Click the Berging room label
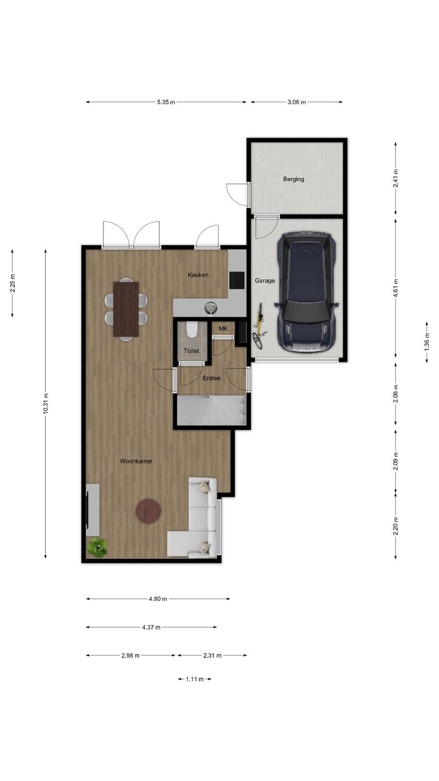(x=293, y=179)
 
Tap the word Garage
(x=265, y=281)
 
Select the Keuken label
(x=198, y=275)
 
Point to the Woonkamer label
(x=136, y=461)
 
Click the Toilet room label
(x=191, y=351)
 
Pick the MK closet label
(x=223, y=329)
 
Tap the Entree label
(x=212, y=378)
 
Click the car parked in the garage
(x=307, y=293)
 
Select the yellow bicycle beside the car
(x=259, y=326)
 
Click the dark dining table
(x=126, y=309)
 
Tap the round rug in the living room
(x=148, y=511)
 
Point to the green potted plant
(x=97, y=547)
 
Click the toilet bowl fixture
(x=192, y=330)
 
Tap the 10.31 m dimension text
(x=45, y=403)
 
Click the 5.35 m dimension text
(x=166, y=102)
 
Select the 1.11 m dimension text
(x=195, y=679)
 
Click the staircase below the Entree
(x=212, y=410)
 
